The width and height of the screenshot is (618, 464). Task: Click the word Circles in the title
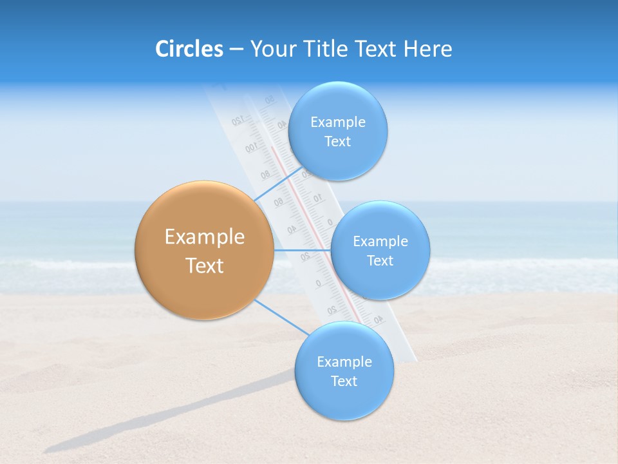click(189, 49)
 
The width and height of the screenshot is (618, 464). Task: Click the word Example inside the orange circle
click(205, 237)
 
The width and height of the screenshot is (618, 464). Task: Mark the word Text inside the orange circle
click(205, 266)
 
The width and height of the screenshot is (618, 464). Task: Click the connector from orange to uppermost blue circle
click(278, 184)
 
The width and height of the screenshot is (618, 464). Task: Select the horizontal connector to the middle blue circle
click(301, 249)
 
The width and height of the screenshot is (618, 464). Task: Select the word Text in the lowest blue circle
click(344, 381)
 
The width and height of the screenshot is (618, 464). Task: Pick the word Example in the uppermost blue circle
click(338, 122)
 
